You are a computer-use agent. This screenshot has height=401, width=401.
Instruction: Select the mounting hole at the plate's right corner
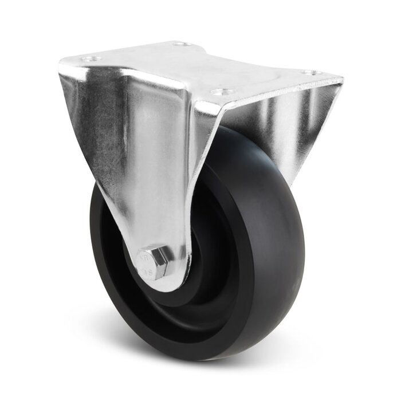(x=310, y=73)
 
